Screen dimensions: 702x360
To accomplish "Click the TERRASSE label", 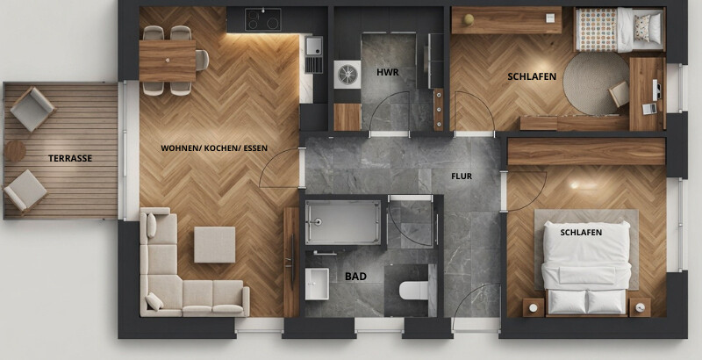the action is pyautogui.click(x=70, y=158).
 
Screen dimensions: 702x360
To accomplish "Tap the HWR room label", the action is pyautogui.click(x=387, y=72).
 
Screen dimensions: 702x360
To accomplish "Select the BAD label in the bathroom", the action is pyautogui.click(x=355, y=277).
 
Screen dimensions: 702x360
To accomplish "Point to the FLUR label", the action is pyautogui.click(x=462, y=176).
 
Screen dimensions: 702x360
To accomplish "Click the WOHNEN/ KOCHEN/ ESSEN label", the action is pyautogui.click(x=214, y=148).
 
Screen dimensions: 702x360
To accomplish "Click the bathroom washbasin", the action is pyautogui.click(x=317, y=284).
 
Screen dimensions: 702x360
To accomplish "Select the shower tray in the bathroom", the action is pyautogui.click(x=343, y=222).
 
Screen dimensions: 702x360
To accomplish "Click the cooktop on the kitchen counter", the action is pyautogui.click(x=262, y=19).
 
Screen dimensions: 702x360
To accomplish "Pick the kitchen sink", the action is pyautogui.click(x=314, y=46).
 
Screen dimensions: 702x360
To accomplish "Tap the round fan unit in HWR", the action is pyautogui.click(x=347, y=75).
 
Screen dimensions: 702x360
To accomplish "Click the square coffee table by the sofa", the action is pyautogui.click(x=214, y=244).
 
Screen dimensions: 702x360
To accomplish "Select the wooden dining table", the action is pyautogui.click(x=168, y=61).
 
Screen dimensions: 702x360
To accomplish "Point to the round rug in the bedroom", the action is pyautogui.click(x=596, y=83).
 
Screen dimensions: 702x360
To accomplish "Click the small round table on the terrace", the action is pyautogui.click(x=14, y=151).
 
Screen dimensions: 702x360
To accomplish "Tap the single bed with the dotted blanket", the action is pyautogui.click(x=620, y=29).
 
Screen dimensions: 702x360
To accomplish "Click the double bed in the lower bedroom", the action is pyautogui.click(x=586, y=269).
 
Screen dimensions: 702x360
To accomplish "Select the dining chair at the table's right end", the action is pyautogui.click(x=203, y=60).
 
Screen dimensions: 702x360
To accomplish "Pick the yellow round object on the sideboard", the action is pyautogui.click(x=469, y=19).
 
